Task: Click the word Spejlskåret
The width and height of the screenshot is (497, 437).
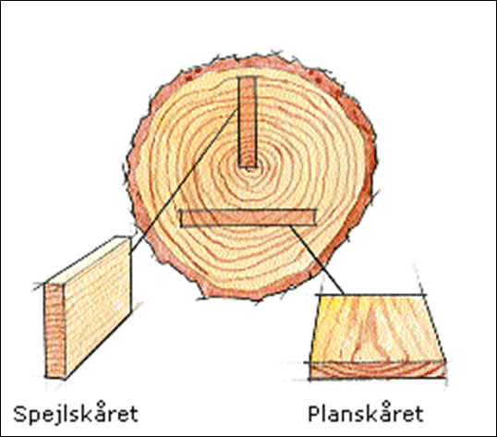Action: (76, 413)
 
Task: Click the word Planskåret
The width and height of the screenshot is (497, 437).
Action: (366, 413)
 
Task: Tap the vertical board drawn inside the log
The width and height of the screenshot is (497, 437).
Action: (248, 122)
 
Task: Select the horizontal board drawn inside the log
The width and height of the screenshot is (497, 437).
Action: (248, 218)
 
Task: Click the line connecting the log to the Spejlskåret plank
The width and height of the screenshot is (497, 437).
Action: (184, 181)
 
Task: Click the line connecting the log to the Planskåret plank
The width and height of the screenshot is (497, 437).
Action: (317, 260)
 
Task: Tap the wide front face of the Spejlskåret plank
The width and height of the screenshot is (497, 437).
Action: (98, 308)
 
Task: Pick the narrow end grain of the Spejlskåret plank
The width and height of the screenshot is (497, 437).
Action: (55, 331)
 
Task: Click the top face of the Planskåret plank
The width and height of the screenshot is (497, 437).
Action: (378, 328)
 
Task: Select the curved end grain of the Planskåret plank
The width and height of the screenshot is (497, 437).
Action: (378, 370)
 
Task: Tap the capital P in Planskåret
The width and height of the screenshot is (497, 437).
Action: (314, 413)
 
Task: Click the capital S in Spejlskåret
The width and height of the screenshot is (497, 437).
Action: (19, 413)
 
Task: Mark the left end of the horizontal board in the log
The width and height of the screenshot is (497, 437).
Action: (181, 218)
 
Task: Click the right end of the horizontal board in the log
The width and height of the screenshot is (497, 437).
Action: (316, 217)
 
